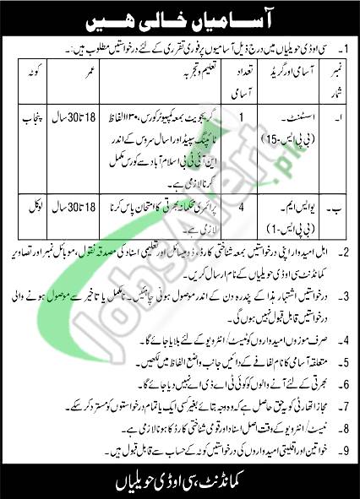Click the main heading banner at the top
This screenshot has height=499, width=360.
point(179,19)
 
